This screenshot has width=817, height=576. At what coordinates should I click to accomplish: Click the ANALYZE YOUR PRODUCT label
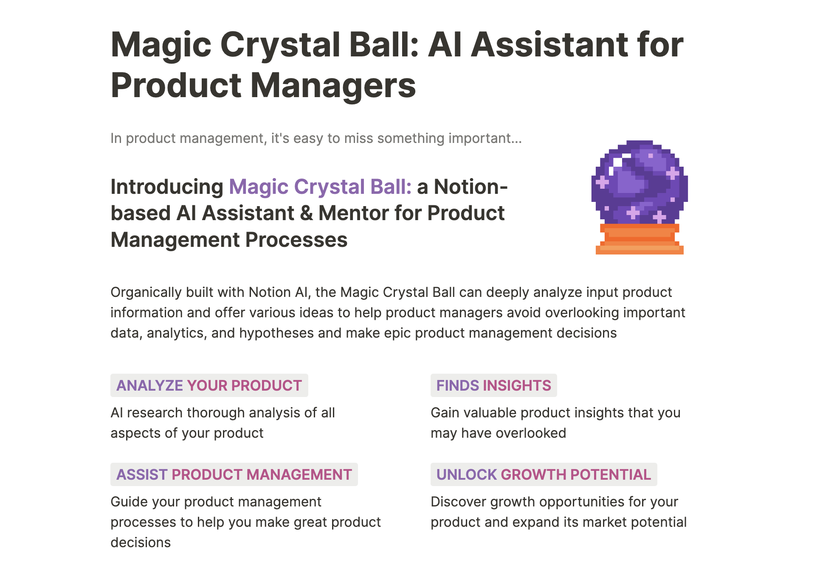click(209, 386)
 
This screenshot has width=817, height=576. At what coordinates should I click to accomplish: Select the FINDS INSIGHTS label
click(493, 386)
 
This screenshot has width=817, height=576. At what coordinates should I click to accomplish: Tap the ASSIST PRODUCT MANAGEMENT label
click(234, 475)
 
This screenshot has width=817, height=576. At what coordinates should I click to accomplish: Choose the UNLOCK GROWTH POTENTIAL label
click(544, 475)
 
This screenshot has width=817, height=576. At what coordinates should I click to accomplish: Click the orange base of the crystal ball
click(640, 240)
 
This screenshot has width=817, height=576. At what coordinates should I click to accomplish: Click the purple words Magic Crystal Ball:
click(320, 187)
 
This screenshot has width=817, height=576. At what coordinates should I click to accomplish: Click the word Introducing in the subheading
click(167, 187)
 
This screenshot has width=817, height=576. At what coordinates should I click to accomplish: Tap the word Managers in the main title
click(333, 85)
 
